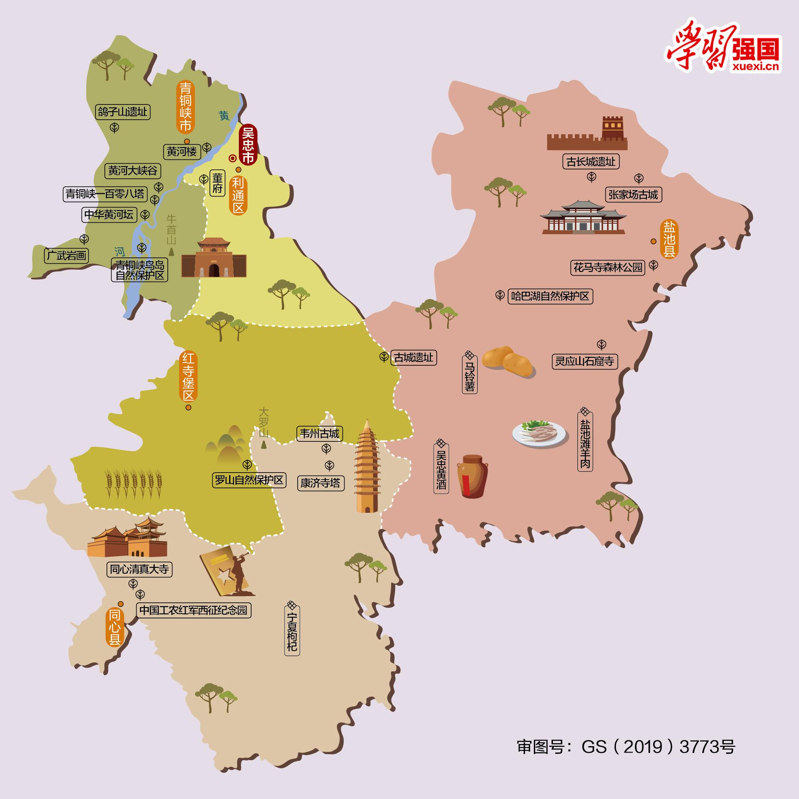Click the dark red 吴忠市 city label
247,145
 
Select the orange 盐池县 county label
669,239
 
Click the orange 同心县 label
115,628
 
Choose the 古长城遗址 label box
591,161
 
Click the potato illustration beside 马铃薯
508,362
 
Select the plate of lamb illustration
539,433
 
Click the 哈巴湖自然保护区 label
550,296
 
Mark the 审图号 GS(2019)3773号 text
626,747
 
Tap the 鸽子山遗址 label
123,112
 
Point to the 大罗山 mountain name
264,422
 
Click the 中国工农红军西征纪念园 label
193,610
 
